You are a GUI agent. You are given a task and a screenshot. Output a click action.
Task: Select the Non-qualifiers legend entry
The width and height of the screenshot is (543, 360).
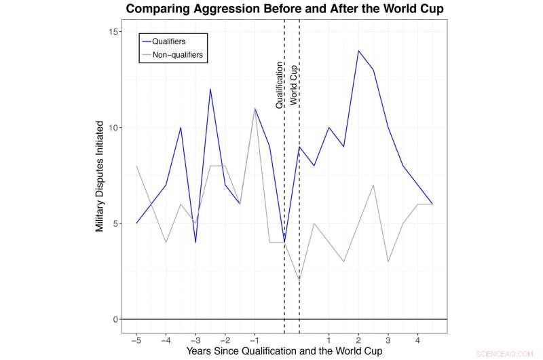click(174, 54)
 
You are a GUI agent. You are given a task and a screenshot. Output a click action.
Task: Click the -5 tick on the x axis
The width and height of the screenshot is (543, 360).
click(136, 339)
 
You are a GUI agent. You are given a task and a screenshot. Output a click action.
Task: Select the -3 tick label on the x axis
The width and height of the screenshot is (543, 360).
click(195, 339)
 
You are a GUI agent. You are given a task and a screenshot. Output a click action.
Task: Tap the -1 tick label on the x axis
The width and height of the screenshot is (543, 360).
click(255, 339)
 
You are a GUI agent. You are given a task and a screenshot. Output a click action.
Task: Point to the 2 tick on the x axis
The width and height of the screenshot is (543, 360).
click(358, 339)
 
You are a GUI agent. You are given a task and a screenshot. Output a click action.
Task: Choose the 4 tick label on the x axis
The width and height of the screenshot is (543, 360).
click(417, 339)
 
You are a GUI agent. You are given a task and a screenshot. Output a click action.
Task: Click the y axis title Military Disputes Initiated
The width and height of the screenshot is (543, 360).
click(100, 177)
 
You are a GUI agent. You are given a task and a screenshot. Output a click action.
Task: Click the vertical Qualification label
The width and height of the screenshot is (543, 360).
click(279, 85)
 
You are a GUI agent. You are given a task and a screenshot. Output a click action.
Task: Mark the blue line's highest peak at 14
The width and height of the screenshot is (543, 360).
click(358, 51)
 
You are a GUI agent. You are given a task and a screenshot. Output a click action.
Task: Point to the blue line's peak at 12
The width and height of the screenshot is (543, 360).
click(210, 89)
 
